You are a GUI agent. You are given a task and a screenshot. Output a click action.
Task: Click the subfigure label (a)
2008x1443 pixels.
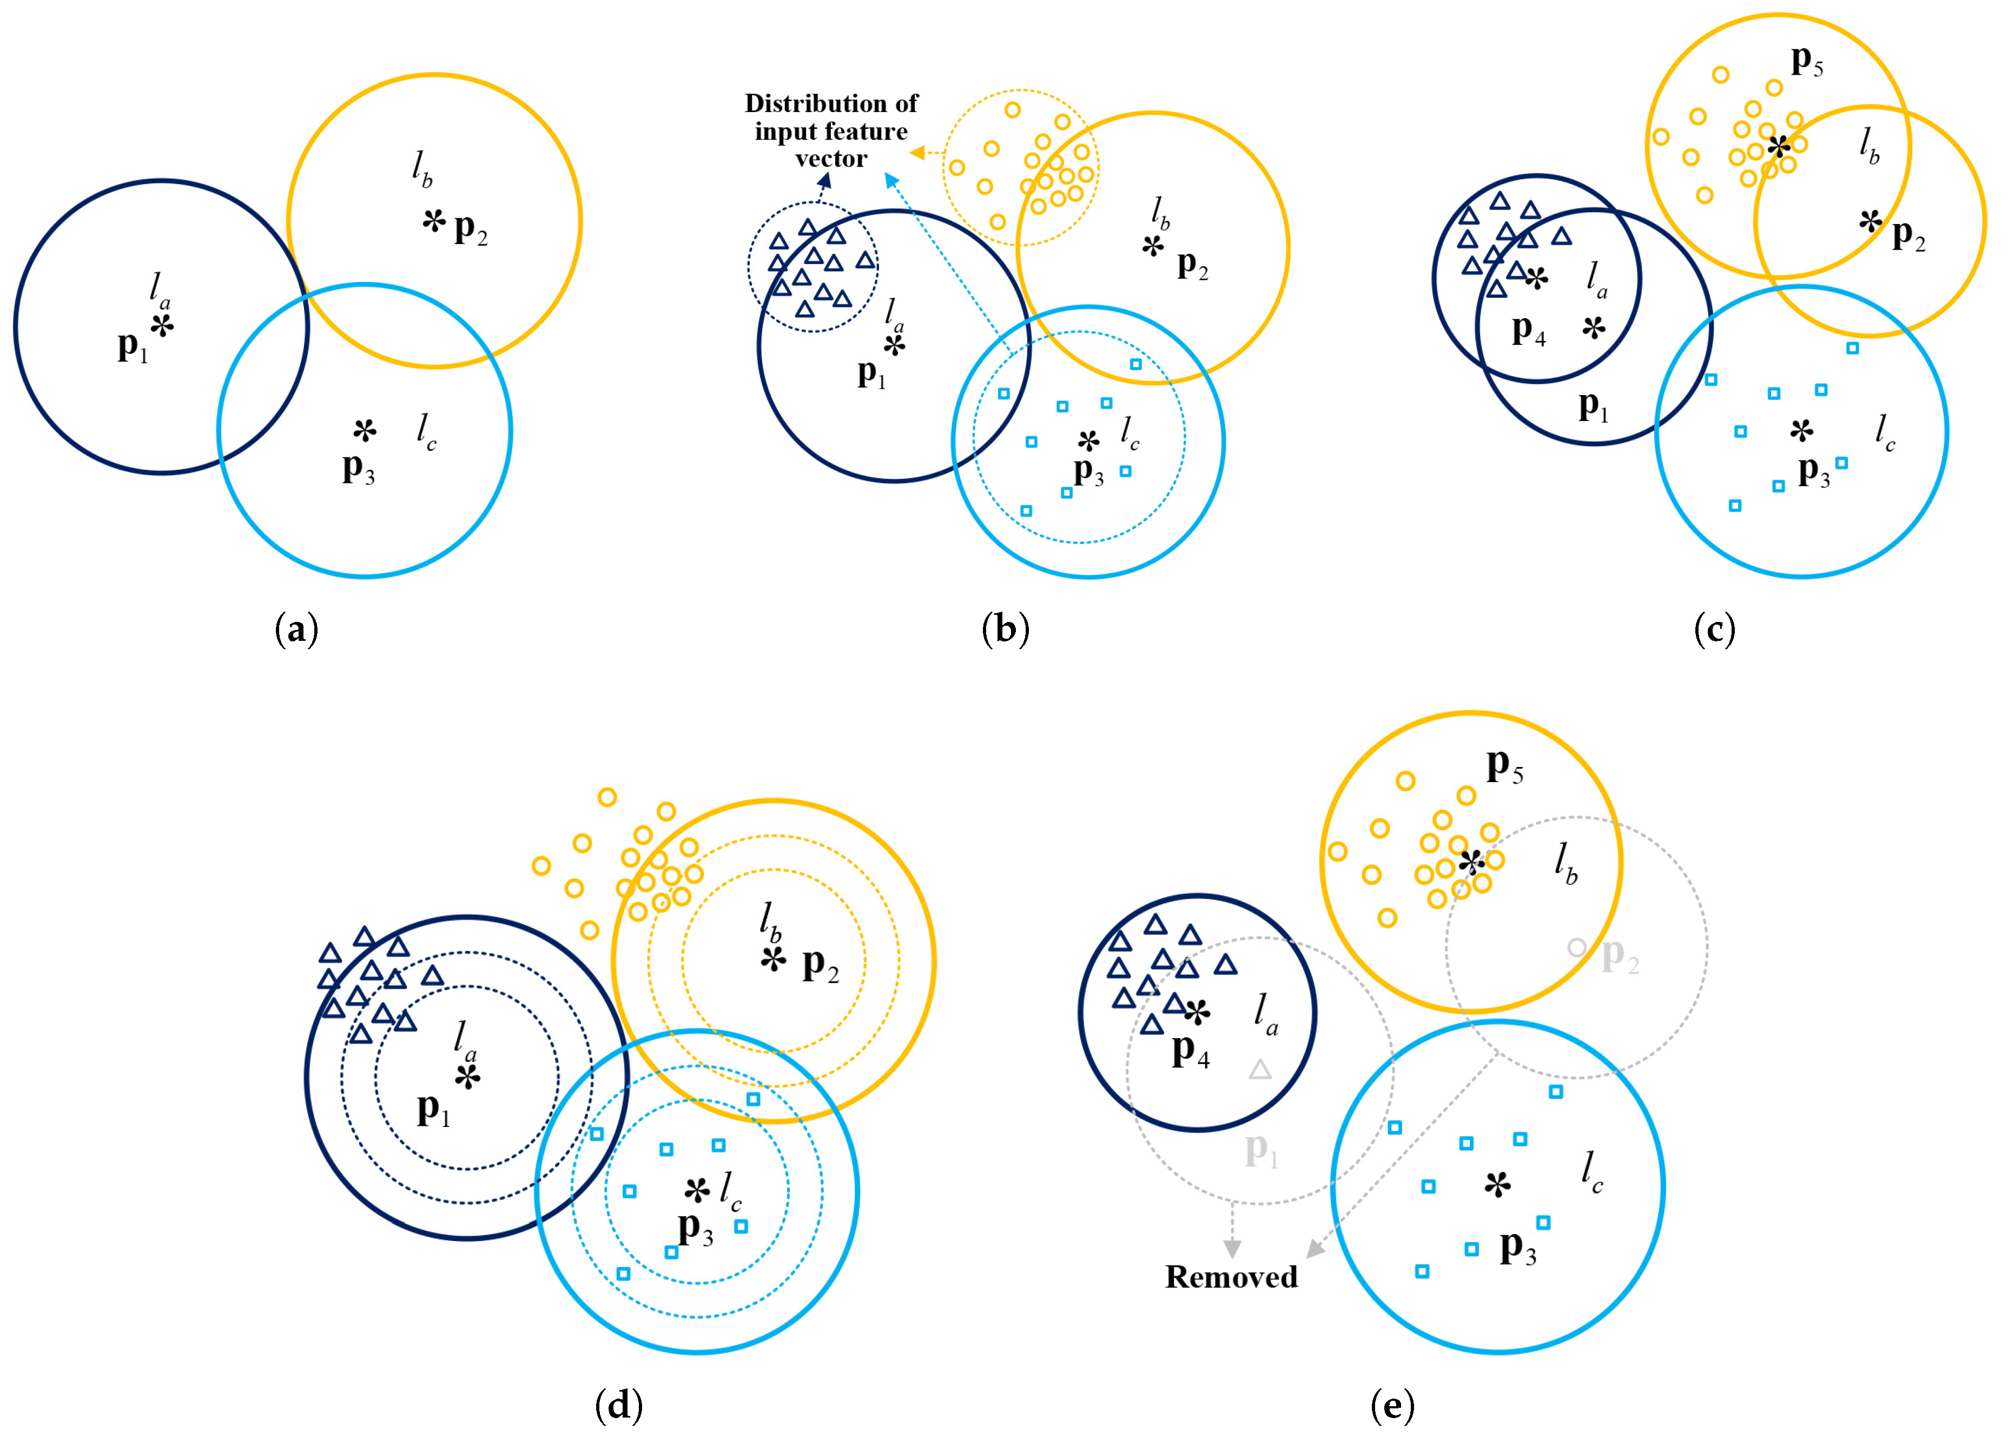pyautogui.click(x=296, y=630)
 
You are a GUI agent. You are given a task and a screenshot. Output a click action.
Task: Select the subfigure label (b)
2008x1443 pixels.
pyautogui.click(x=1006, y=630)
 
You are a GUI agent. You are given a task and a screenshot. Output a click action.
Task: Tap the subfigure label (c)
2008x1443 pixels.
pyautogui.click(x=1714, y=630)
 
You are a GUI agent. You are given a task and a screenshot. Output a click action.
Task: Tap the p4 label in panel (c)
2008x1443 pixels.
pyautogui.click(x=1528, y=330)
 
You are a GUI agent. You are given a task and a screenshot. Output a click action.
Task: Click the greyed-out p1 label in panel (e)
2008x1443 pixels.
pyautogui.click(x=1261, y=1150)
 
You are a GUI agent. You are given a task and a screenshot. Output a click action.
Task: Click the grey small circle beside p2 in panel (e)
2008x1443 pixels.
pyautogui.click(x=1576, y=947)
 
